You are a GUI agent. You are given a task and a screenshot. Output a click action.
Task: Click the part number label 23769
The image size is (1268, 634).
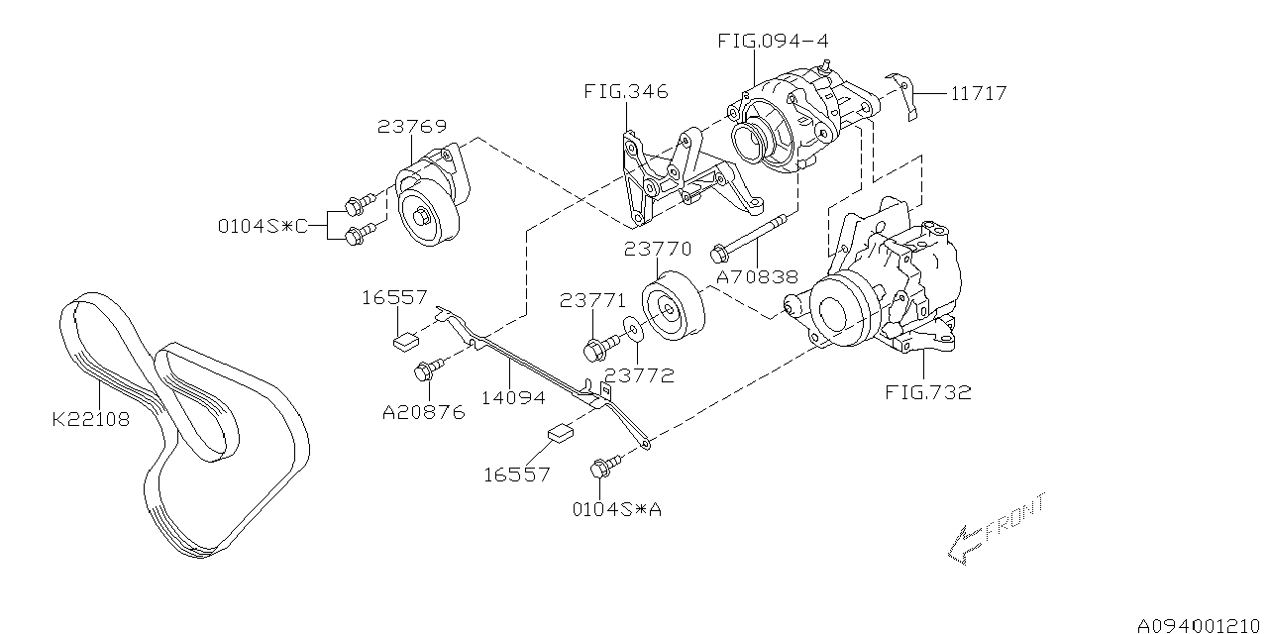tap(411, 127)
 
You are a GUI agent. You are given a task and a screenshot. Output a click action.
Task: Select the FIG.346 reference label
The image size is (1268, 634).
tap(625, 92)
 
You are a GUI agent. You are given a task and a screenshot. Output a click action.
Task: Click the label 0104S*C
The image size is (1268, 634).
tap(263, 226)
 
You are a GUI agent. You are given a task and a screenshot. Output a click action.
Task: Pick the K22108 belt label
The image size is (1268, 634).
tap(91, 419)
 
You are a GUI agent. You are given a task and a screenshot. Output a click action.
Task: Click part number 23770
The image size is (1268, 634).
tap(658, 250)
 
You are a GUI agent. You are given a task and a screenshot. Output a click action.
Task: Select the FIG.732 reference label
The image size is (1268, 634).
tap(927, 392)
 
